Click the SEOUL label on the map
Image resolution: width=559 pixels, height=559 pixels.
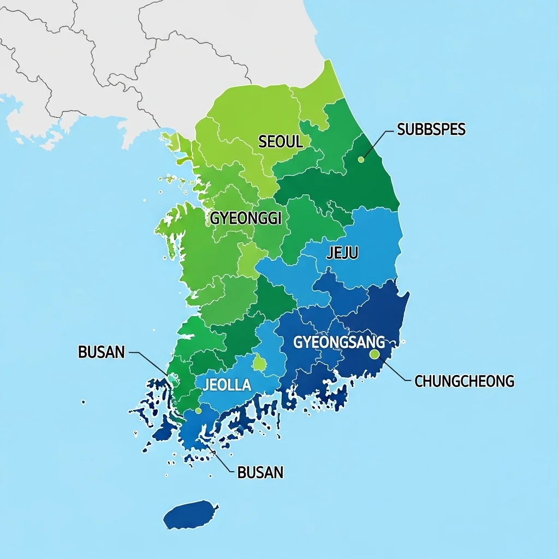click(x=280, y=142)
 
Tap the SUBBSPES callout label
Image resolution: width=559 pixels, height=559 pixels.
click(x=431, y=129)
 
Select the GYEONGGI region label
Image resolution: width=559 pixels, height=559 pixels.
click(x=246, y=218)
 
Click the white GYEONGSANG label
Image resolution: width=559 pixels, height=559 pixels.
click(x=339, y=343)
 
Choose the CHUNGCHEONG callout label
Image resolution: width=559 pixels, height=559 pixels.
click(x=465, y=381)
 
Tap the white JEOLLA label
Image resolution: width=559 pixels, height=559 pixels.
click(x=227, y=385)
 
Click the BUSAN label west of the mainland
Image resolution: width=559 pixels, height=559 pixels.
click(x=102, y=352)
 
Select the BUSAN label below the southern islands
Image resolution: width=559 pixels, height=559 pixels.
click(x=260, y=472)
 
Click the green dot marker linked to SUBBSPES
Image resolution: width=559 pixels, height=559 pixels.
click(x=360, y=159)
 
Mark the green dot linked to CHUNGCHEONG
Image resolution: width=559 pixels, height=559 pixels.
click(x=374, y=354)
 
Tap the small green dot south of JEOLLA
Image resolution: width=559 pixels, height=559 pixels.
click(x=198, y=411)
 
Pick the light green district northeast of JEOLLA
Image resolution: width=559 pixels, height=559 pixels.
click(x=260, y=363)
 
